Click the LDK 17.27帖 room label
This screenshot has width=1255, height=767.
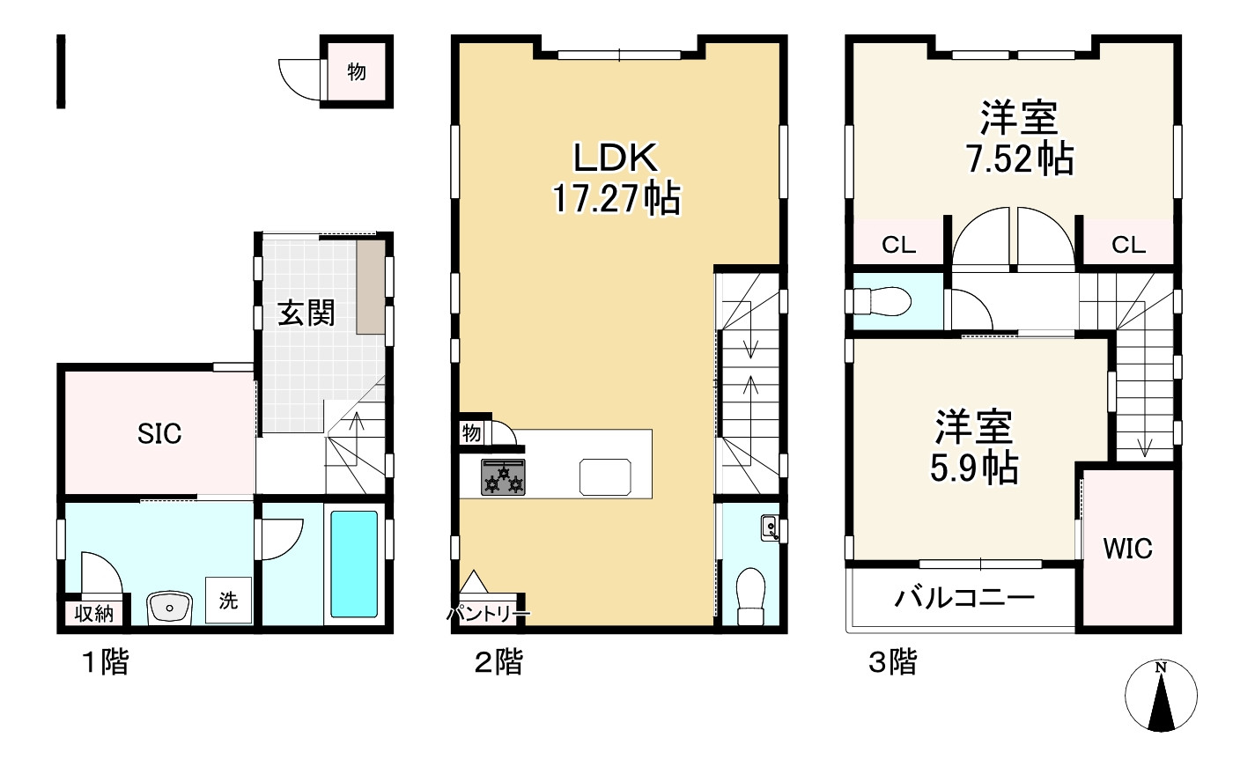tap(616, 178)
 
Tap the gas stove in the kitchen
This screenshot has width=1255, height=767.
tap(503, 477)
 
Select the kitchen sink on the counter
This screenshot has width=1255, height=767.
tap(605, 476)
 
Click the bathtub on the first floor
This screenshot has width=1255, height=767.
tap(353, 564)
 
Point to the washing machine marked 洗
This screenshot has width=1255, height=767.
tap(228, 600)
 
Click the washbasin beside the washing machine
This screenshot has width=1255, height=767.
tap(169, 608)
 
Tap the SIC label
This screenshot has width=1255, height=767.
tap(159, 433)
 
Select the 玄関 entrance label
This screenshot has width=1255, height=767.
tap(306, 313)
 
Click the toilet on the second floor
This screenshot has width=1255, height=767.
tap(750, 596)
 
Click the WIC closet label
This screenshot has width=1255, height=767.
tap(1128, 549)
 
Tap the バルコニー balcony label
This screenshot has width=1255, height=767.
tap(963, 598)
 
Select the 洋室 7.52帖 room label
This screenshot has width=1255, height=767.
tap(1020, 137)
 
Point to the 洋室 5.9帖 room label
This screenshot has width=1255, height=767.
tap(974, 446)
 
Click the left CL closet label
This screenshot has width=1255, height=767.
tap(898, 245)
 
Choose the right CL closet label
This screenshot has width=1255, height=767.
tap(1128, 245)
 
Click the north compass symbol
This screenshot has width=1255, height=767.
tap(1161, 696)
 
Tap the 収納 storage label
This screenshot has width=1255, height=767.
tap(93, 614)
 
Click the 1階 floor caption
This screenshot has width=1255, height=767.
tap(106, 661)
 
